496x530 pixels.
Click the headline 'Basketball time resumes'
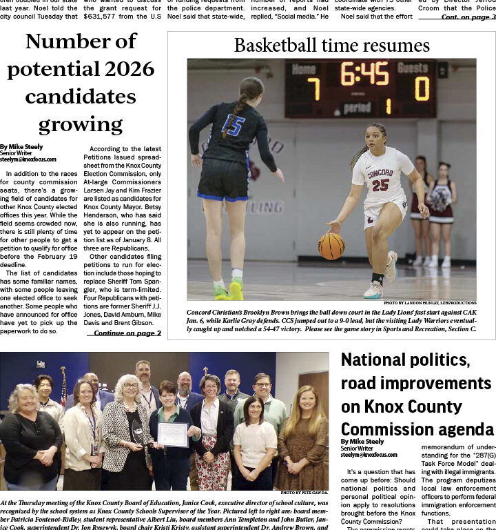point(331,46)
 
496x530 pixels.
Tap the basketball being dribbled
point(331,246)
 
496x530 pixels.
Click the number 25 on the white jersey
point(380,185)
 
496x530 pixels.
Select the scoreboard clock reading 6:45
point(364,74)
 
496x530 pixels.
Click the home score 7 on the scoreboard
point(313,90)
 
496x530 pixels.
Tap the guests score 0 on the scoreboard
point(422,88)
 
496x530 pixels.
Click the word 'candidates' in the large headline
point(80,96)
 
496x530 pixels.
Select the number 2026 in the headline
point(126,69)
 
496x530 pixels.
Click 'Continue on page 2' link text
point(127,333)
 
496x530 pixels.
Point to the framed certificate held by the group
point(172,435)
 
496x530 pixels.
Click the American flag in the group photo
point(64,388)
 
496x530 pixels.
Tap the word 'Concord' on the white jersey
point(380,172)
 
